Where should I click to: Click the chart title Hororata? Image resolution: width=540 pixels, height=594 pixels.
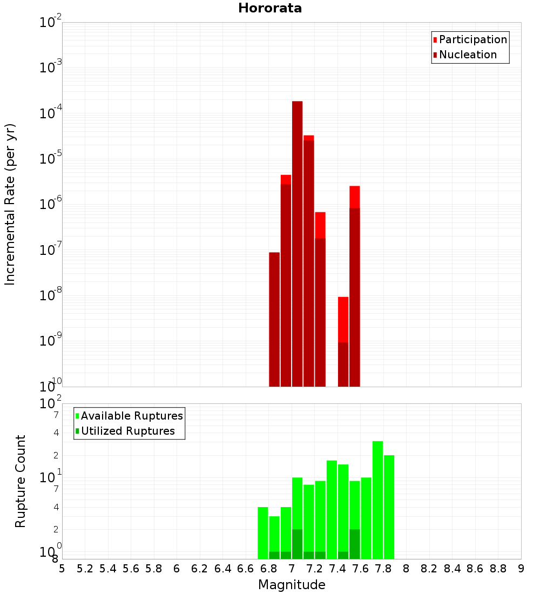270,8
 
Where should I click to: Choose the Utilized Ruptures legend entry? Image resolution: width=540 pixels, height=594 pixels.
127,431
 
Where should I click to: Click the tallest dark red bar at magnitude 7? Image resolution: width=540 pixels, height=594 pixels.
297,243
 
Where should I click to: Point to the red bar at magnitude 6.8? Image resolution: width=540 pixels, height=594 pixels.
274,319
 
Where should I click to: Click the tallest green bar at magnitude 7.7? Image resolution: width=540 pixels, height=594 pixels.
377,500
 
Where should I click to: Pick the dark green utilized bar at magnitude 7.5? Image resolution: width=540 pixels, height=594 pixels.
355,544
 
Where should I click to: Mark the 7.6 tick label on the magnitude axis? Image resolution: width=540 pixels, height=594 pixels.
360,569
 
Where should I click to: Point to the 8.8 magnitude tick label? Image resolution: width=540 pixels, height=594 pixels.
498,569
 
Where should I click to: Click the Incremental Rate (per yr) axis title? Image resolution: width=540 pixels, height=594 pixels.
10,204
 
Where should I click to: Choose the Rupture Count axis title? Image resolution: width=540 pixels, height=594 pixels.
21,481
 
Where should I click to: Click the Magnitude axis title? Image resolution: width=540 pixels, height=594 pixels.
292,585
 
